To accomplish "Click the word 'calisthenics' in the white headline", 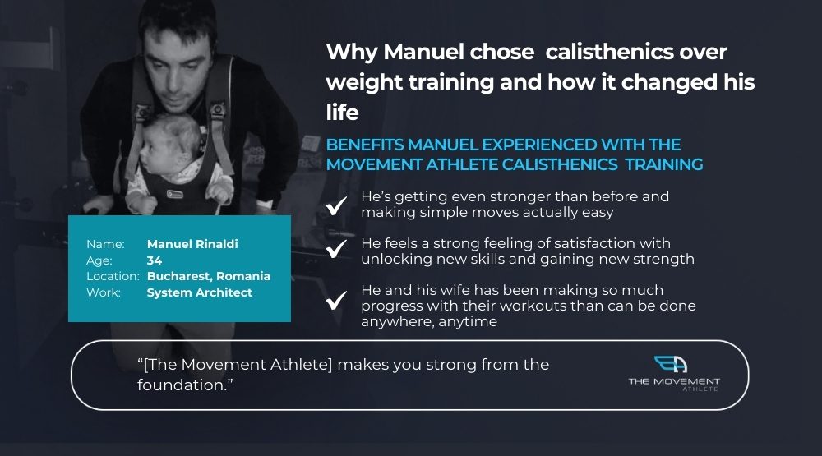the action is (x=610, y=52).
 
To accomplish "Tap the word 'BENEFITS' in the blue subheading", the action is (x=365, y=145).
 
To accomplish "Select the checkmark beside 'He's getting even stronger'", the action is (x=336, y=205).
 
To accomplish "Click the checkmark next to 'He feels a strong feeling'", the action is (x=336, y=248).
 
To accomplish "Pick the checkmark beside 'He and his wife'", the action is (x=336, y=301).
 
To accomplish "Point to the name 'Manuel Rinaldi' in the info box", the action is (x=192, y=244).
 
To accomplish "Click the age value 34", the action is (x=155, y=260).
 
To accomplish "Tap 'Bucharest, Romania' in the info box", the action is (x=209, y=276).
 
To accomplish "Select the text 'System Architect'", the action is (x=199, y=292).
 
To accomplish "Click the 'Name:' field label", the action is (x=105, y=244).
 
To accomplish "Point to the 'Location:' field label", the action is (x=113, y=276).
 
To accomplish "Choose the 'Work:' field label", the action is (x=104, y=292).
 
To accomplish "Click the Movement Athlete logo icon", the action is (x=671, y=364).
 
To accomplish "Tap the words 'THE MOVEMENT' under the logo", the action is (x=674, y=381).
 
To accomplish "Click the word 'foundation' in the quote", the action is (x=180, y=385).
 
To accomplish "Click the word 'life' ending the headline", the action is (x=342, y=113).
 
